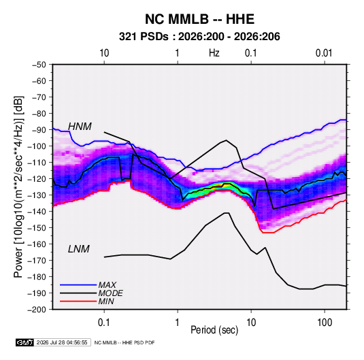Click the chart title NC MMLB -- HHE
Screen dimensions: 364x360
pyautogui.click(x=199, y=19)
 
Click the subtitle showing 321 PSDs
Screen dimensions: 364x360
pyautogui.click(x=199, y=37)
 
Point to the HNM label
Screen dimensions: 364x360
pyautogui.click(x=80, y=127)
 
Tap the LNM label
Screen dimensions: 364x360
pyautogui.click(x=79, y=249)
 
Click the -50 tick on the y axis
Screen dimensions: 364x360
pyautogui.click(x=39, y=65)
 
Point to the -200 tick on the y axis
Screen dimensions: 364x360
pyautogui.click(x=37, y=310)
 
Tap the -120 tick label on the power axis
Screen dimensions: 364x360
pyautogui.click(x=37, y=179)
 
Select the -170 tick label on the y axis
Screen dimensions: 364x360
pyautogui.click(x=37, y=261)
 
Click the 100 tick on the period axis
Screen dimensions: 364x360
pyautogui.click(x=325, y=323)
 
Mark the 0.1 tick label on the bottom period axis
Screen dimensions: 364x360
pyautogui.click(x=104, y=323)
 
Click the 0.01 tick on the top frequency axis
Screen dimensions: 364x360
pyautogui.click(x=324, y=53)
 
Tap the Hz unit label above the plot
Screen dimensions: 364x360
pyautogui.click(x=214, y=53)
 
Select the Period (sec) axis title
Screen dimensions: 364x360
pyautogui.click(x=214, y=330)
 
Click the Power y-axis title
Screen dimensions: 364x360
pyautogui.click(x=18, y=187)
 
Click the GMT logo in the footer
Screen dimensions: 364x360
pyautogui.click(x=25, y=342)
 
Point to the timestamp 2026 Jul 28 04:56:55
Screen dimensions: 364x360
pyautogui.click(x=62, y=342)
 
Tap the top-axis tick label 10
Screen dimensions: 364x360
pyautogui.click(x=104, y=53)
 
